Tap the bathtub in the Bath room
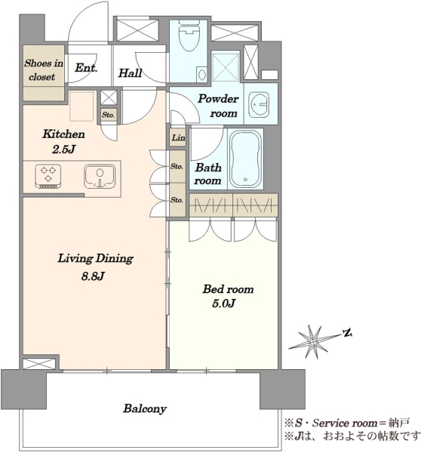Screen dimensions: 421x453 coord(245,159)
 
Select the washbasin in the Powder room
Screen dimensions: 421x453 coord(259,105)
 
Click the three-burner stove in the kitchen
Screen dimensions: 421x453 coord(48,176)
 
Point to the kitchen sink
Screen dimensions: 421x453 coord(100,176)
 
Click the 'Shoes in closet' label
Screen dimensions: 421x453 coord(43,70)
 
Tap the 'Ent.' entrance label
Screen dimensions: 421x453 coord(86,68)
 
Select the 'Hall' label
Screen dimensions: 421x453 coord(131,72)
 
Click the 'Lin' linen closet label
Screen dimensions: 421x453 coord(178,137)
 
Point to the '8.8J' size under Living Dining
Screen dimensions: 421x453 coord(93,276)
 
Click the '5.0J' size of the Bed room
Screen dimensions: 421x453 coord(224,304)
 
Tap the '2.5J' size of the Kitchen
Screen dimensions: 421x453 coord(63,149)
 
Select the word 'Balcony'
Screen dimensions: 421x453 coord(145,408)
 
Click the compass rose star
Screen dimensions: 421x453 coord(313,342)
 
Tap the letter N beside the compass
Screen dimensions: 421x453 coord(347,333)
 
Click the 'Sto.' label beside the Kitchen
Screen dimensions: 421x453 coord(109,115)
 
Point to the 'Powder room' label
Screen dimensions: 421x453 coord(218,106)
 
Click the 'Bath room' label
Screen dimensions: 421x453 coord(208,174)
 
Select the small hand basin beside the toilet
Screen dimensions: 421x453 coord(201,75)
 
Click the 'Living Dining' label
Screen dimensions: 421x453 coord(95,258)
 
